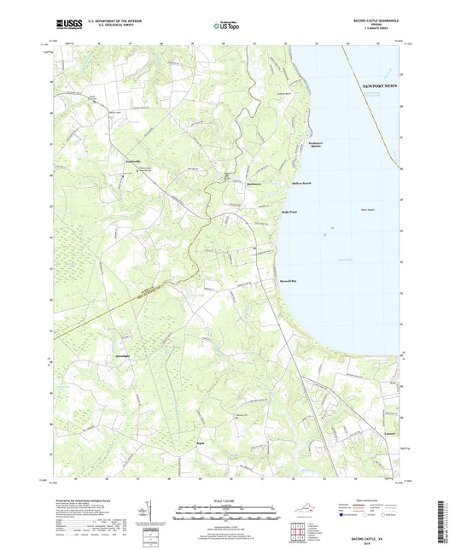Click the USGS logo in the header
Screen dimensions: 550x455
click(66, 26)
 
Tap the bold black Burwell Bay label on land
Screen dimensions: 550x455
click(287, 279)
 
